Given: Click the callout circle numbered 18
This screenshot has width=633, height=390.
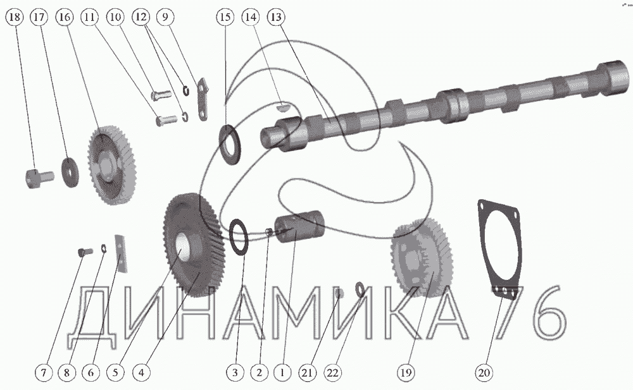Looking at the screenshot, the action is pyautogui.click(x=15, y=17).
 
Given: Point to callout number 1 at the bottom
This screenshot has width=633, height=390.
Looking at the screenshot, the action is pyautogui.click(x=282, y=372).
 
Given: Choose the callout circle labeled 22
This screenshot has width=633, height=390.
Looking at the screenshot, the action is pyautogui.click(x=332, y=372).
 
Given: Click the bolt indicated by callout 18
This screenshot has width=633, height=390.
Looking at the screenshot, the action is pyautogui.click(x=39, y=178).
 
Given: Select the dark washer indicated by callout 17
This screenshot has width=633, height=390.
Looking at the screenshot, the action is pyautogui.click(x=70, y=172).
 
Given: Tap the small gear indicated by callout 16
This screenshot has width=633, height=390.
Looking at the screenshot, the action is pyautogui.click(x=111, y=164).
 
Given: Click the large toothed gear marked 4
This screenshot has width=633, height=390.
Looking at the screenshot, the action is pyautogui.click(x=193, y=246).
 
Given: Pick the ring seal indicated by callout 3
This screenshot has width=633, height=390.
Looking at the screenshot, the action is pyautogui.click(x=240, y=237).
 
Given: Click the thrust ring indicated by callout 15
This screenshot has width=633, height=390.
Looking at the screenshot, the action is pyautogui.click(x=230, y=145).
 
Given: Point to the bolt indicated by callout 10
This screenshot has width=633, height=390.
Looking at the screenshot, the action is pyautogui.click(x=161, y=96).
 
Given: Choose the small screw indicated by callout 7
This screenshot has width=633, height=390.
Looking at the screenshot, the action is pyautogui.click(x=85, y=252).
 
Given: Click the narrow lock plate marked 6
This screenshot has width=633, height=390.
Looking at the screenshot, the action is pyautogui.click(x=121, y=252).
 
